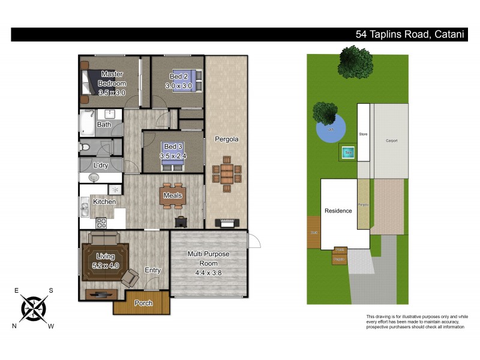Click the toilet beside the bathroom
pos(85,146)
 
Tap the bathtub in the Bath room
pos(86,125)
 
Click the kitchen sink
pos(83,209)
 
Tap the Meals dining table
pos(173,195)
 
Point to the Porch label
pos(143,303)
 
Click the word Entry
pos(153,270)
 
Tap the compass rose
pos(34,308)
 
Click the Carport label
pos(391,140)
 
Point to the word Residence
pos(338,211)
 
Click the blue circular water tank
pos(331,128)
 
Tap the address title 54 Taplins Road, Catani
pos(410,34)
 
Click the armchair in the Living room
pos(130,278)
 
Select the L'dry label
pos(101,165)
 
